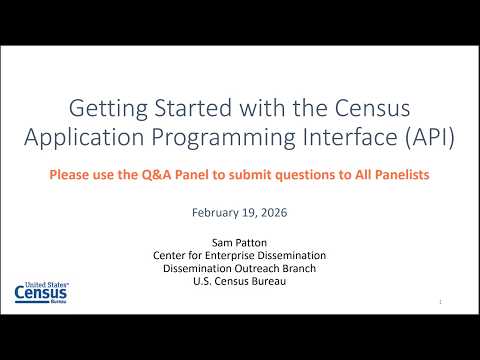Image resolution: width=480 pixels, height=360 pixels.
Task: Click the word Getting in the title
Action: (x=108, y=109)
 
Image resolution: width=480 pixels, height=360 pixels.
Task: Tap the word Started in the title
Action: (x=193, y=108)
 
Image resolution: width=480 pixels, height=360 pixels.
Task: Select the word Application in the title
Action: (x=84, y=138)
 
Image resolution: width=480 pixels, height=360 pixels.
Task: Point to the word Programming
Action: (x=223, y=138)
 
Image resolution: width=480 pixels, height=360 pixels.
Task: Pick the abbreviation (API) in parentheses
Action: (x=430, y=137)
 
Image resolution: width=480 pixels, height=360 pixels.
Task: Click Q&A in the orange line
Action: (x=156, y=175)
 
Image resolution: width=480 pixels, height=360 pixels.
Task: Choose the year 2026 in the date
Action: (x=274, y=213)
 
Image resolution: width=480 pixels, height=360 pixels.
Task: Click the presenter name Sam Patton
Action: (x=239, y=243)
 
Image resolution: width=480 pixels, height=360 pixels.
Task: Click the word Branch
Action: (x=299, y=268)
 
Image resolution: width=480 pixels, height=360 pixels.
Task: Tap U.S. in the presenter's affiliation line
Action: (x=202, y=281)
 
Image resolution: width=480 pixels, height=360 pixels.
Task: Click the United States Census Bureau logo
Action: (x=41, y=292)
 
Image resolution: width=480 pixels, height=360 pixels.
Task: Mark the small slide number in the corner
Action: (x=440, y=302)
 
